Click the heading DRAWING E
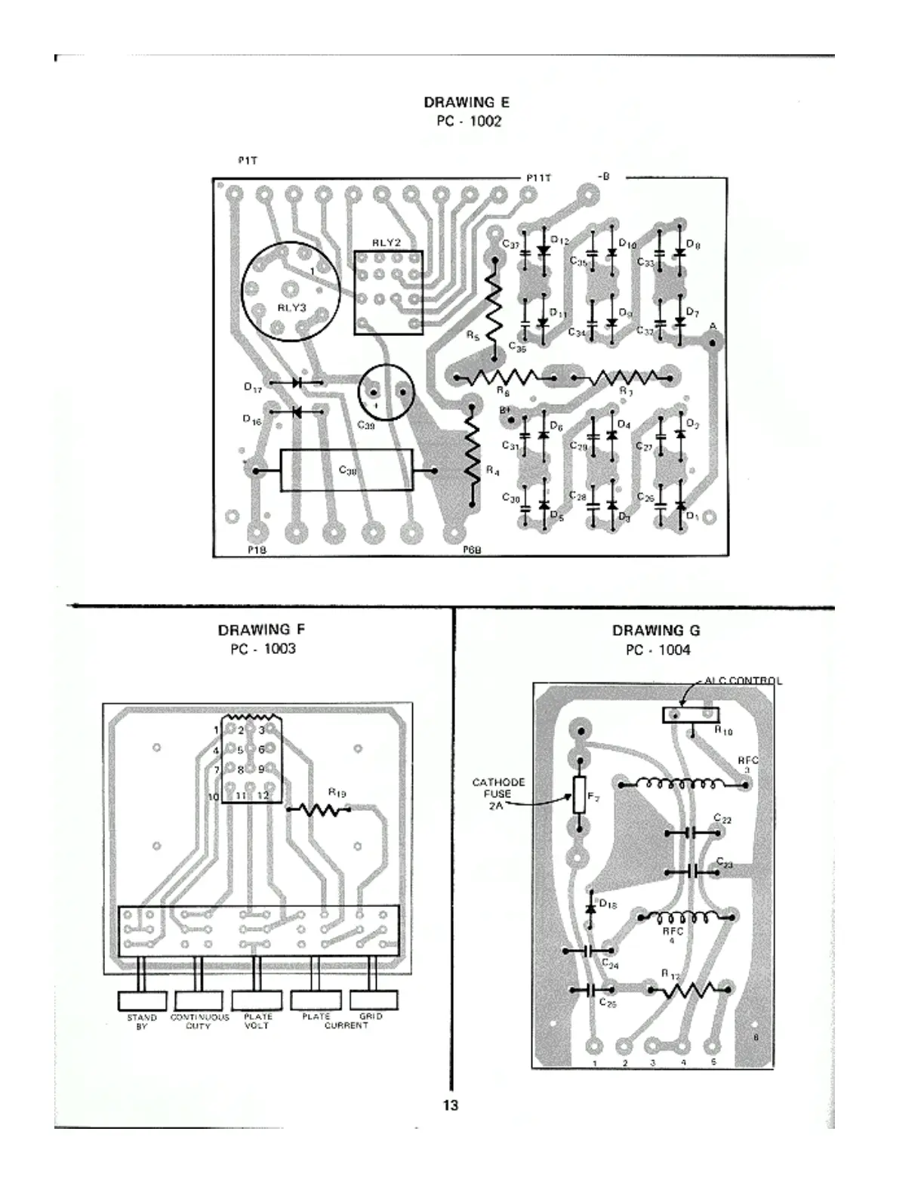(x=466, y=102)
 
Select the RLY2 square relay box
(x=388, y=293)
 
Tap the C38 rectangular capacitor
(x=346, y=470)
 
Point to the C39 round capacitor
(x=387, y=393)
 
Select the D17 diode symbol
(x=297, y=383)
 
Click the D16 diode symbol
(x=297, y=412)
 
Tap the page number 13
(x=450, y=1105)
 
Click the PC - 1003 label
(x=263, y=649)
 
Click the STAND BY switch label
(x=142, y=1022)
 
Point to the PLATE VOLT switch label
(x=257, y=1022)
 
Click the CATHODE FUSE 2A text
(x=497, y=794)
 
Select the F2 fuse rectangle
(x=579, y=796)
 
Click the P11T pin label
(x=539, y=177)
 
